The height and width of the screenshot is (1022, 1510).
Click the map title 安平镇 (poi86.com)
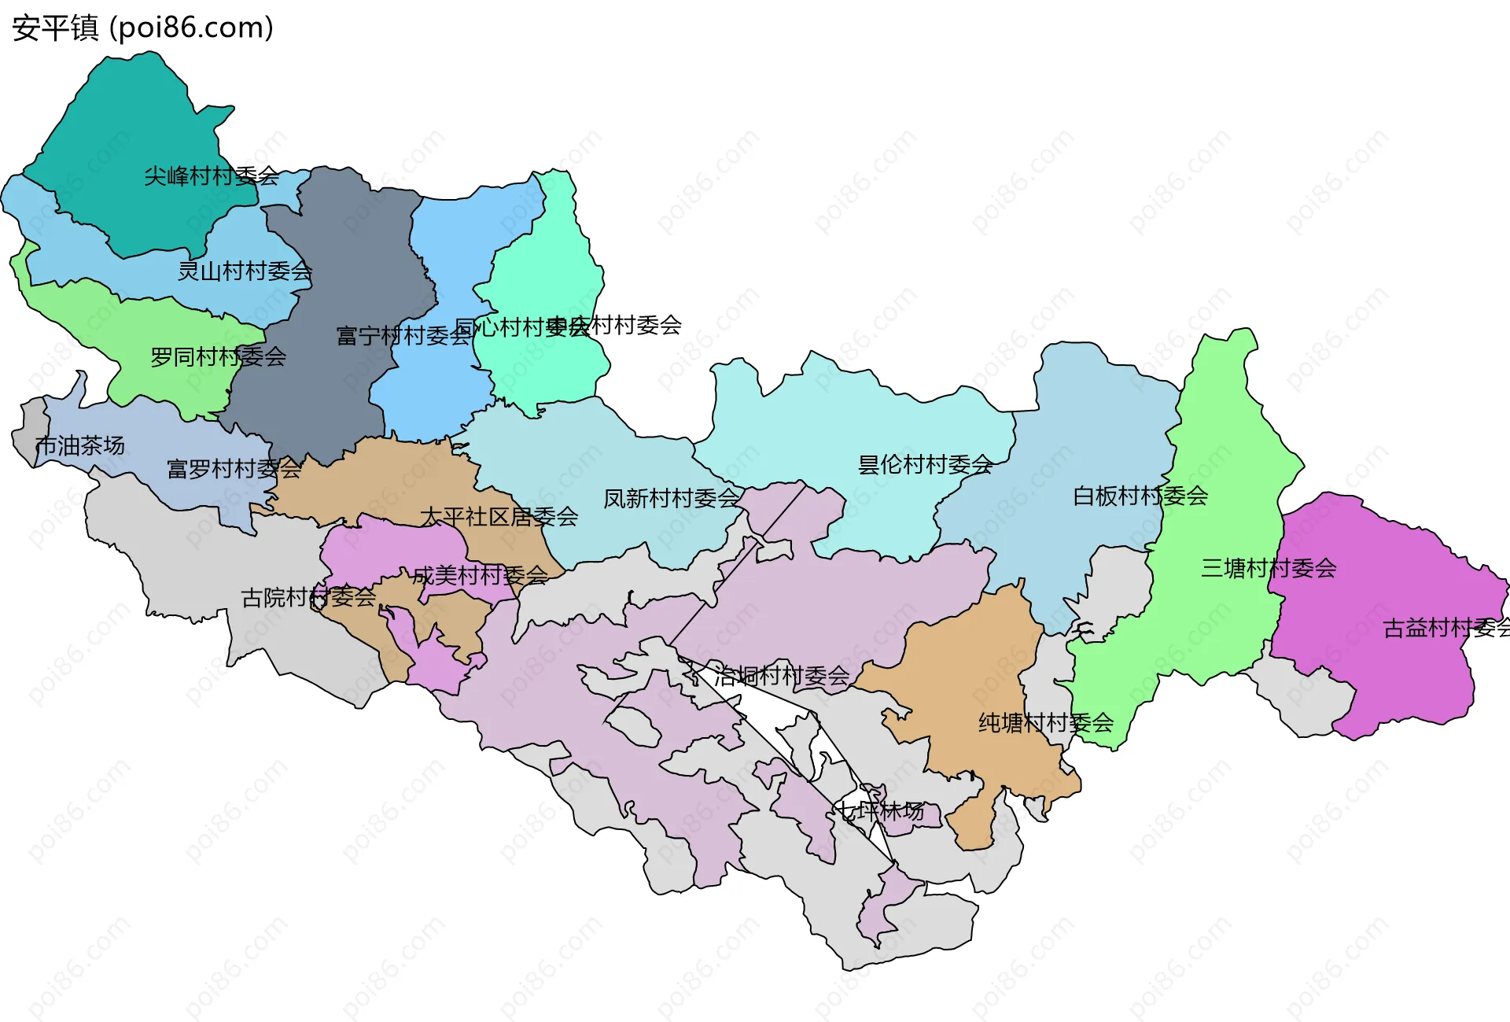[x=142, y=28]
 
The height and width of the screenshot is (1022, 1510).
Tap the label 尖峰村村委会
[x=211, y=176]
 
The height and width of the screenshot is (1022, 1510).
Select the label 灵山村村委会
[x=245, y=271]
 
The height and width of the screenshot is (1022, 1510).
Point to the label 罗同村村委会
[x=218, y=357]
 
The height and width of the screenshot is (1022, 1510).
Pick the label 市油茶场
[x=79, y=446]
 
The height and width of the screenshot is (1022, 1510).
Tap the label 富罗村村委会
[x=234, y=470]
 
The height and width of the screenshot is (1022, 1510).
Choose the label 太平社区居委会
[x=499, y=517]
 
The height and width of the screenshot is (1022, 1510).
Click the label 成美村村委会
[x=480, y=576]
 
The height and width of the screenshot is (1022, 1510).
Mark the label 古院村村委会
[x=308, y=598]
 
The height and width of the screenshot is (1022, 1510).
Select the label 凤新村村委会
[x=671, y=499]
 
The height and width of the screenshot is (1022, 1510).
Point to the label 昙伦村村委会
[x=925, y=465]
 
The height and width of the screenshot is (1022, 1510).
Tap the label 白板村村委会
[x=1140, y=496]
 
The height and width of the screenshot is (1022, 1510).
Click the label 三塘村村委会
[x=1269, y=568]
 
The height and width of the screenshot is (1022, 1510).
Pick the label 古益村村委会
[x=1446, y=629]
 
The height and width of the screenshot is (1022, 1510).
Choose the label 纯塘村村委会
[x=1045, y=723]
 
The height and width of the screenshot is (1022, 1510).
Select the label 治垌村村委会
[x=782, y=676]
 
